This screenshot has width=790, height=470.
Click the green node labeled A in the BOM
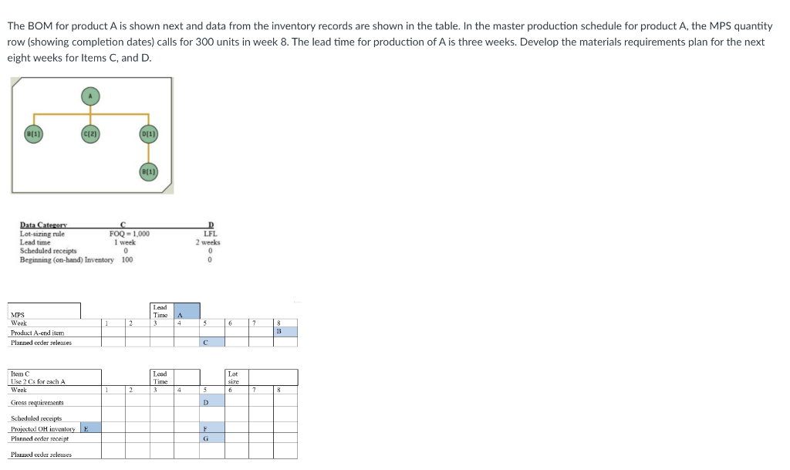click(x=91, y=96)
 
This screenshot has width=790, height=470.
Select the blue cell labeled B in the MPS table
click(x=285, y=332)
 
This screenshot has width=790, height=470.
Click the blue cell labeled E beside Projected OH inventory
click(x=88, y=428)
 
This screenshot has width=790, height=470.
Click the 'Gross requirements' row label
click(x=37, y=403)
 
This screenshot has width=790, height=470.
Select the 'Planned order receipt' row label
click(x=42, y=438)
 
